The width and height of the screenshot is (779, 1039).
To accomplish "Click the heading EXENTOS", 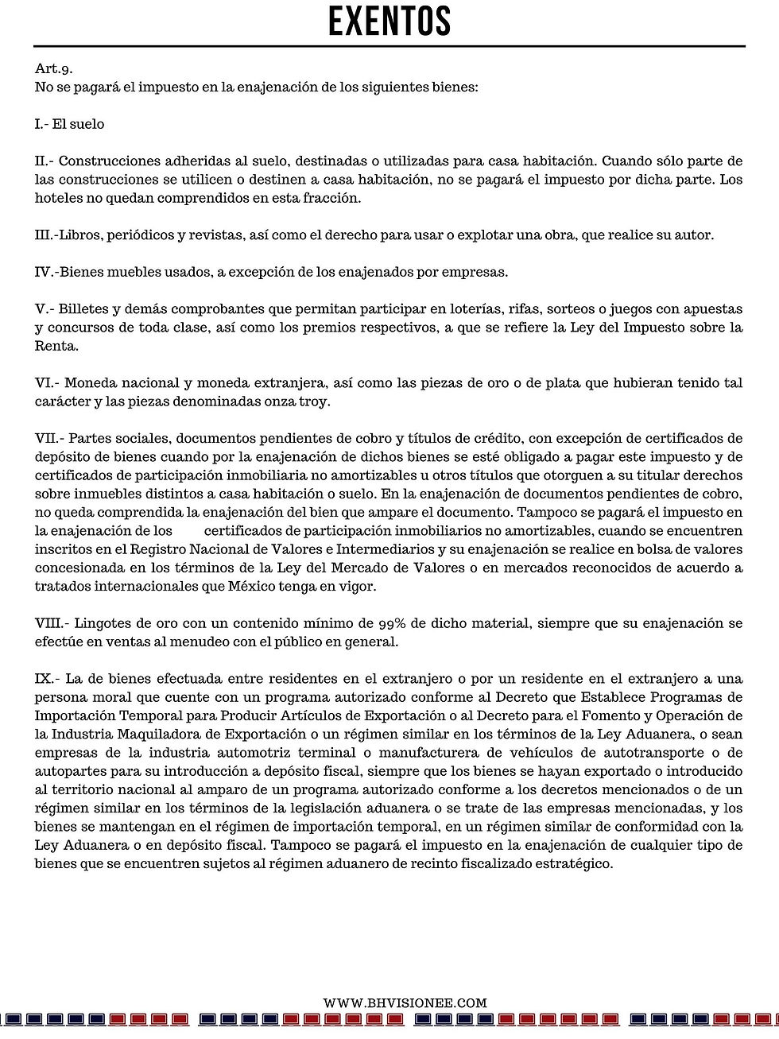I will pos(389,21).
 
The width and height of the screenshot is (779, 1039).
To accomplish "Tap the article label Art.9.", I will pos(53,69).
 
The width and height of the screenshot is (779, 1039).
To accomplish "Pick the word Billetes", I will pos(85,309).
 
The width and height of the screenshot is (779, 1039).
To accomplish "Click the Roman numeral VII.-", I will pos(49,438).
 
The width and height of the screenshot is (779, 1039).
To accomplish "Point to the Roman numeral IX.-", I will pos(47,679).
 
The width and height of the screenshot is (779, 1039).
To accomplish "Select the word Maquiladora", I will pos(151,735).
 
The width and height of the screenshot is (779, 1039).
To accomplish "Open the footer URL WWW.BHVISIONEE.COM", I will pos(405,1003).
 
